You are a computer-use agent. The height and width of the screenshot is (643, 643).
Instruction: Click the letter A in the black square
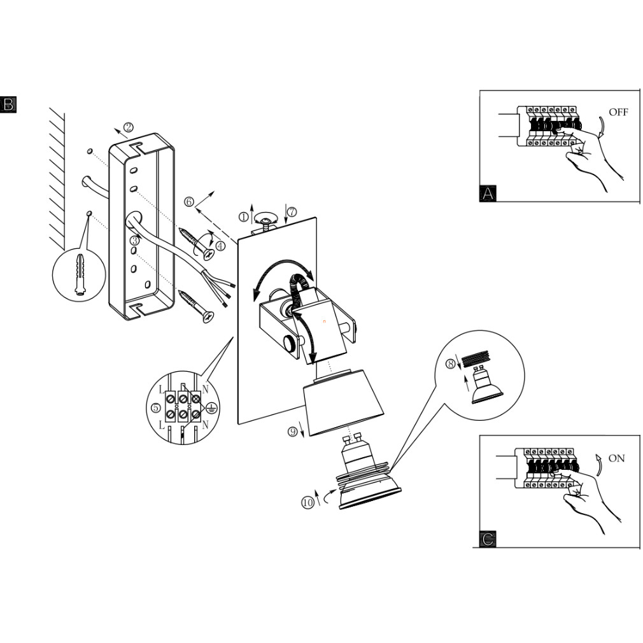click(x=488, y=194)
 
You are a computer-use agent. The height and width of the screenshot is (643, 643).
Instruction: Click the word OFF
click(x=618, y=113)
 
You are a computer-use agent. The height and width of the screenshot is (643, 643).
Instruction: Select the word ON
click(x=616, y=458)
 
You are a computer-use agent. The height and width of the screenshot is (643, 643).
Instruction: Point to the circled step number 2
click(x=128, y=127)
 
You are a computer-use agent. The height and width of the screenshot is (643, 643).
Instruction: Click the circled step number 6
click(x=189, y=202)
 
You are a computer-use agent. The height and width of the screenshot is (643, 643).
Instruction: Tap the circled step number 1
click(x=243, y=216)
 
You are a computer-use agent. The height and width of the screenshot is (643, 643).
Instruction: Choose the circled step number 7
click(x=292, y=212)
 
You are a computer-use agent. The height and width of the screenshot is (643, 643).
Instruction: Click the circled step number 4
click(x=220, y=246)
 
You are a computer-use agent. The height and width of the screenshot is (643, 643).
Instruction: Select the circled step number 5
click(x=156, y=407)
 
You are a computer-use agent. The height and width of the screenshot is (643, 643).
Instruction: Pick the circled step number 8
click(x=451, y=364)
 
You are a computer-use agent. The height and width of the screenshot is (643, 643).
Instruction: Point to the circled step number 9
click(x=293, y=432)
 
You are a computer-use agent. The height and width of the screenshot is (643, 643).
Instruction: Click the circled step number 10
click(x=308, y=502)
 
